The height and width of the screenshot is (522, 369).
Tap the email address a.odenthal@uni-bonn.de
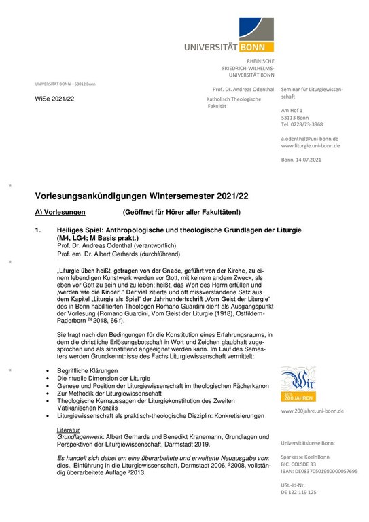309,138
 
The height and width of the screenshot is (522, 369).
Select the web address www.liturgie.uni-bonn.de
311,145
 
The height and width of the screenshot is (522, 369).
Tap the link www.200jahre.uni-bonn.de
312,411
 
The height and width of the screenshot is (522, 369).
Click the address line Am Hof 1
292,110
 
